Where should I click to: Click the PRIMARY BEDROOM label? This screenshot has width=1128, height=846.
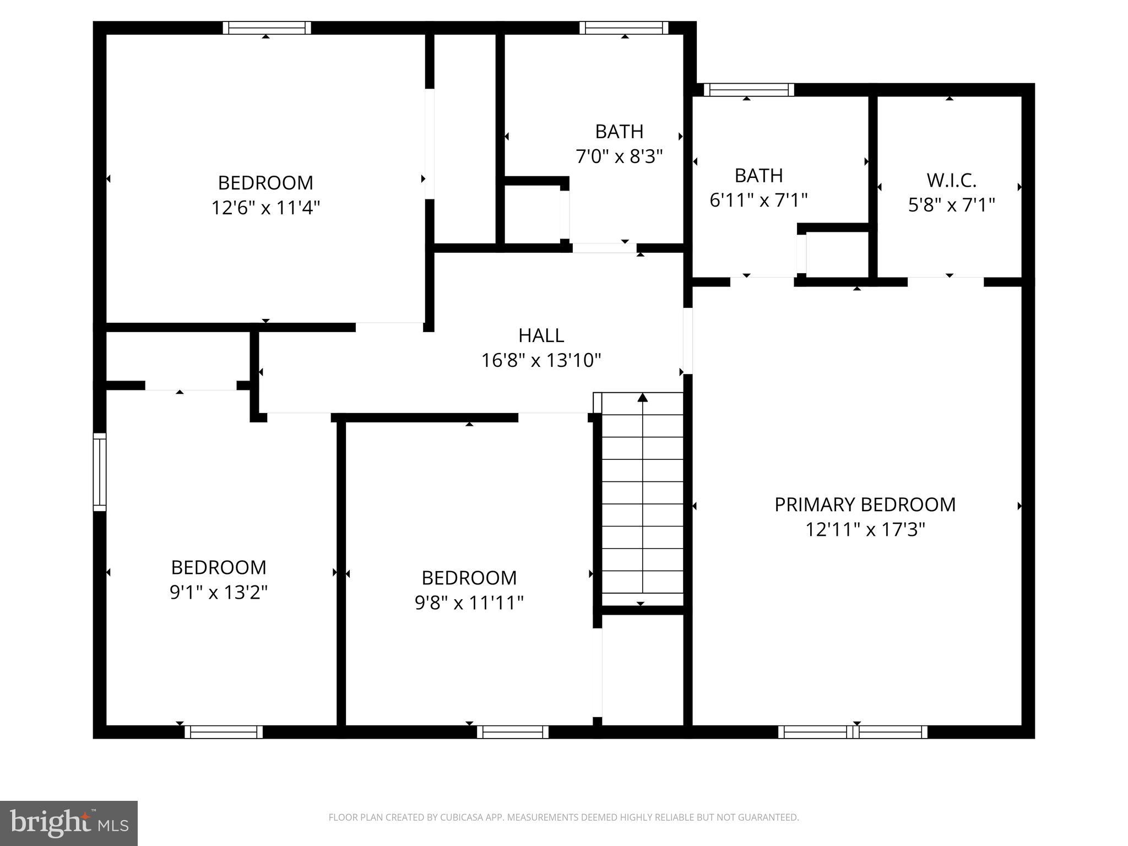click(865, 505)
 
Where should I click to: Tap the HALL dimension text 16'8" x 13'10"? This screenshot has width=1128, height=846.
click(541, 361)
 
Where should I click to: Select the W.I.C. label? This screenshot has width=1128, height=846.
click(951, 180)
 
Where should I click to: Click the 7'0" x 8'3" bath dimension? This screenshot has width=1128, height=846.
click(619, 156)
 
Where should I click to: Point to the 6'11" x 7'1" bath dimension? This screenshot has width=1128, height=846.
click(758, 200)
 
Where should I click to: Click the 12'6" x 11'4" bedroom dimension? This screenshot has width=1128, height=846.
click(265, 208)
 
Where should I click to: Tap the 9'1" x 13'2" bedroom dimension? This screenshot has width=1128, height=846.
click(219, 592)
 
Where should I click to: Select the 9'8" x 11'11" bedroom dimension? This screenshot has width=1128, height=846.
click(469, 603)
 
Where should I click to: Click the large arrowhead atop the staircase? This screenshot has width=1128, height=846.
click(642, 397)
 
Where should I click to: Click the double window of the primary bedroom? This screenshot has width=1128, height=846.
click(853, 732)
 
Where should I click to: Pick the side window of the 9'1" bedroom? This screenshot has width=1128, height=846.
click(99, 472)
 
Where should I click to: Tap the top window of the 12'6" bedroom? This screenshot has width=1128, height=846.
click(267, 28)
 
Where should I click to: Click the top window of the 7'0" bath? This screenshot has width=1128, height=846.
click(623, 28)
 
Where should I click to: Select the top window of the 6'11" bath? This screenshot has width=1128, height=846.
click(749, 89)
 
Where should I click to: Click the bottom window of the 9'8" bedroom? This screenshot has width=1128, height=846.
click(512, 732)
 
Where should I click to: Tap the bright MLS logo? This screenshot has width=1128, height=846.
click(68, 823)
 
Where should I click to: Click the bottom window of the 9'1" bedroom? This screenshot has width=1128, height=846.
click(223, 732)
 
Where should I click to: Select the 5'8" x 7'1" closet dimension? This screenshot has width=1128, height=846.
click(951, 205)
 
